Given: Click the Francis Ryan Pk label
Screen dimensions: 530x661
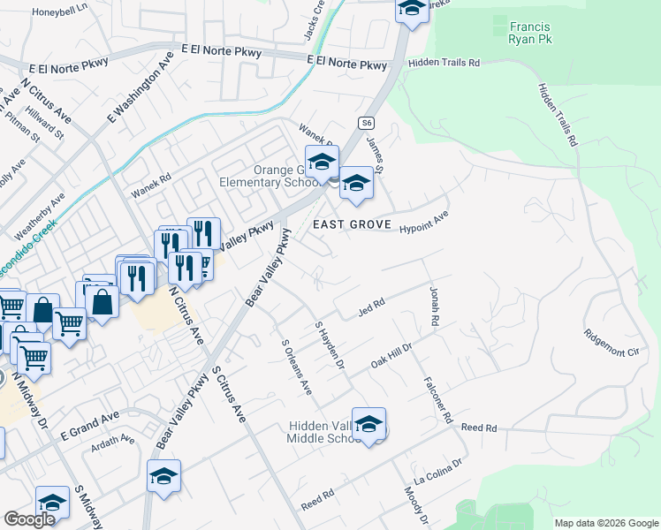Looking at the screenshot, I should click(529, 33).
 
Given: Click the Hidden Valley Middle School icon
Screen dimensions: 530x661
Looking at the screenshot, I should click(368, 425).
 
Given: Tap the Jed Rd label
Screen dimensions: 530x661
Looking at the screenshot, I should click(371, 305).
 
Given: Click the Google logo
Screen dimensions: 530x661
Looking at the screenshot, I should click(30, 519).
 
